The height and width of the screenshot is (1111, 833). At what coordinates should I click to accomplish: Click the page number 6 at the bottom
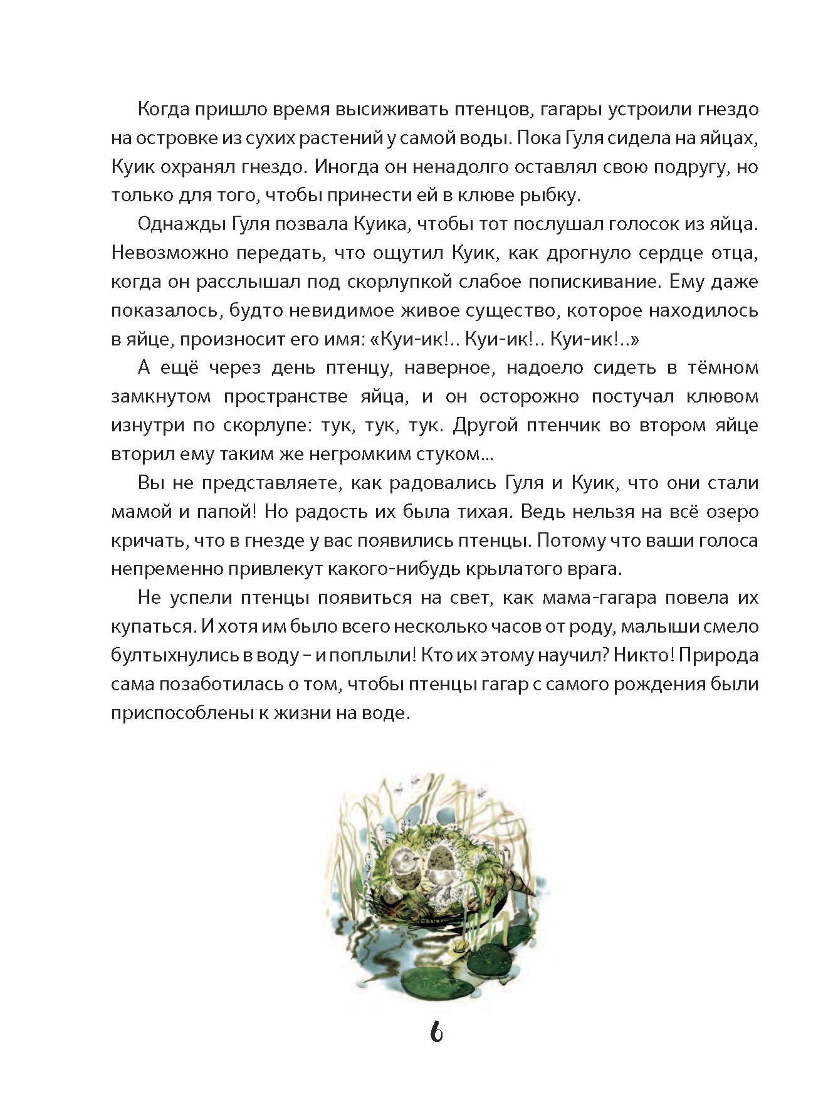[x=437, y=1031]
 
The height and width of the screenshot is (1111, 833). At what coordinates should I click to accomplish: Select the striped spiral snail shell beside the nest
[x=521, y=884]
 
